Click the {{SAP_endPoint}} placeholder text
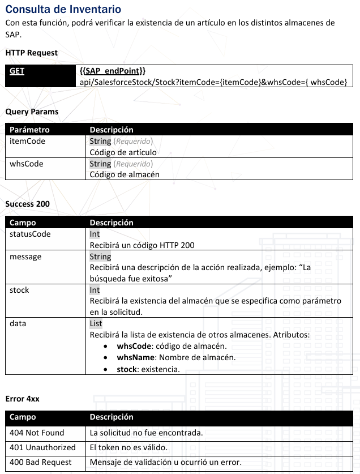[x=113, y=71]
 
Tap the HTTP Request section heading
[x=32, y=53]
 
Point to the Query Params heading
[x=32, y=112]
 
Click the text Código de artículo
[x=123, y=152]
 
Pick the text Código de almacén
[x=125, y=174]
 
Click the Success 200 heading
[x=27, y=204]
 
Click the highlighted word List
[x=96, y=324]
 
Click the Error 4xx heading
[x=22, y=399]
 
